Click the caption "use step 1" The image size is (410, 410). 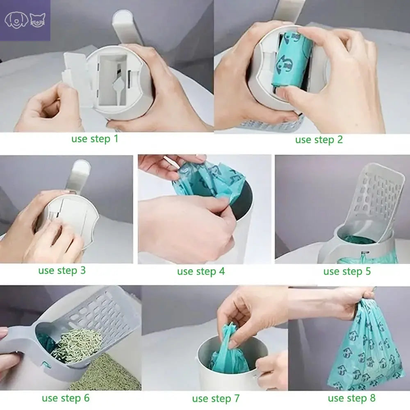tap(95, 139)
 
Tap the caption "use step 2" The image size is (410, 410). tap(319, 140)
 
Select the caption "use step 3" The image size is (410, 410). tap(62, 271)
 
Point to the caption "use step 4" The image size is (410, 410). tap(201, 271)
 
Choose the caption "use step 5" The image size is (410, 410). tap(347, 271)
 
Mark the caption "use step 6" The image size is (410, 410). tap(66, 398)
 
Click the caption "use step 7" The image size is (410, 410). tap(216, 399)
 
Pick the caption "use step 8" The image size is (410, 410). tap(351, 398)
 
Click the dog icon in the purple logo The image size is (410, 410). tap(16, 19)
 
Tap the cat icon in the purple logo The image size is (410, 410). tap(37, 20)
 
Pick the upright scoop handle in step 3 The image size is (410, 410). tap(79, 176)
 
